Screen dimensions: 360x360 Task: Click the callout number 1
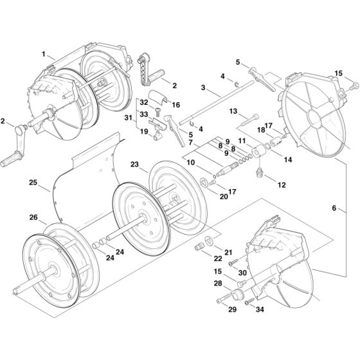click(44, 55)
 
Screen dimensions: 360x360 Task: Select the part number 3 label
click(203, 87)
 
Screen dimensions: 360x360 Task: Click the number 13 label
click(234, 111)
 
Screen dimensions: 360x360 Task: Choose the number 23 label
click(134, 164)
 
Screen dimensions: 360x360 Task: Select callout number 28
click(218, 283)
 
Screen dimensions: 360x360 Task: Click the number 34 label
click(259, 310)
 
